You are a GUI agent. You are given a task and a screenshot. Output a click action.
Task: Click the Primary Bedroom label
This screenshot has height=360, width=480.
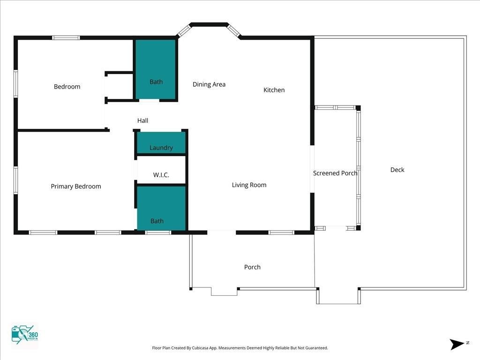pyautogui.click(x=76, y=187)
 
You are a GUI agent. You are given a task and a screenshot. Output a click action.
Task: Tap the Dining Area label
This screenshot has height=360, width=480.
pyautogui.click(x=209, y=84)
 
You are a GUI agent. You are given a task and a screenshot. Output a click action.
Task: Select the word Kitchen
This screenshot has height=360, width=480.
pyautogui.click(x=274, y=90)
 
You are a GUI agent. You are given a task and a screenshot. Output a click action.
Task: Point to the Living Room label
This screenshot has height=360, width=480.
pyautogui.click(x=249, y=185)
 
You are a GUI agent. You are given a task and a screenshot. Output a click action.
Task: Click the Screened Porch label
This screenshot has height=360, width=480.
pyautogui.click(x=335, y=173)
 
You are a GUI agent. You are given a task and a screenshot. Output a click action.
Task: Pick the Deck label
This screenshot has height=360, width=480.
pyautogui.click(x=397, y=170)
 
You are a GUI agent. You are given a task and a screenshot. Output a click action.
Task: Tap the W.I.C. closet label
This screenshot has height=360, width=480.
pyautogui.click(x=161, y=175)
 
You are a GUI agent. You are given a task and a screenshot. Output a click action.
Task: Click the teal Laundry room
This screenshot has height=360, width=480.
pyautogui.click(x=161, y=142)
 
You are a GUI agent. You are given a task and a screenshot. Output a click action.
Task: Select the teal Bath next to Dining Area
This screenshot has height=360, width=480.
pyautogui.click(x=156, y=70)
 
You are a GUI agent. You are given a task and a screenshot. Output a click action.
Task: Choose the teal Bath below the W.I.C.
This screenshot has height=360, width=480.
pyautogui.click(x=161, y=208)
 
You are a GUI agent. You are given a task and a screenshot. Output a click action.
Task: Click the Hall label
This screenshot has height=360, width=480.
pyautogui.click(x=142, y=120)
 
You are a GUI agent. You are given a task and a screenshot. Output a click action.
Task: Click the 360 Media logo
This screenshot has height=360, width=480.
pyautogui.click(x=24, y=336)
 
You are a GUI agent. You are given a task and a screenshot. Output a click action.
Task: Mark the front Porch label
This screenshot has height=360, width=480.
pyautogui.click(x=252, y=267)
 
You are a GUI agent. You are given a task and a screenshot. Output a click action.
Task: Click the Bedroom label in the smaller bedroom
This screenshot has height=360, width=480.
pyautogui.click(x=67, y=87)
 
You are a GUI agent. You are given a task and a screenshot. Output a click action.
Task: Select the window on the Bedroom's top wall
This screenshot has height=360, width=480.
pyautogui.click(x=66, y=38)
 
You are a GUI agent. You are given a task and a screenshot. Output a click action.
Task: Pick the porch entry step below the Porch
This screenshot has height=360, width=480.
pyautogui.click(x=224, y=292)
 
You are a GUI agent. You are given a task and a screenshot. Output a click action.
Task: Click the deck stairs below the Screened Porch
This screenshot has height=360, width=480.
pyautogui.click(x=338, y=296)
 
